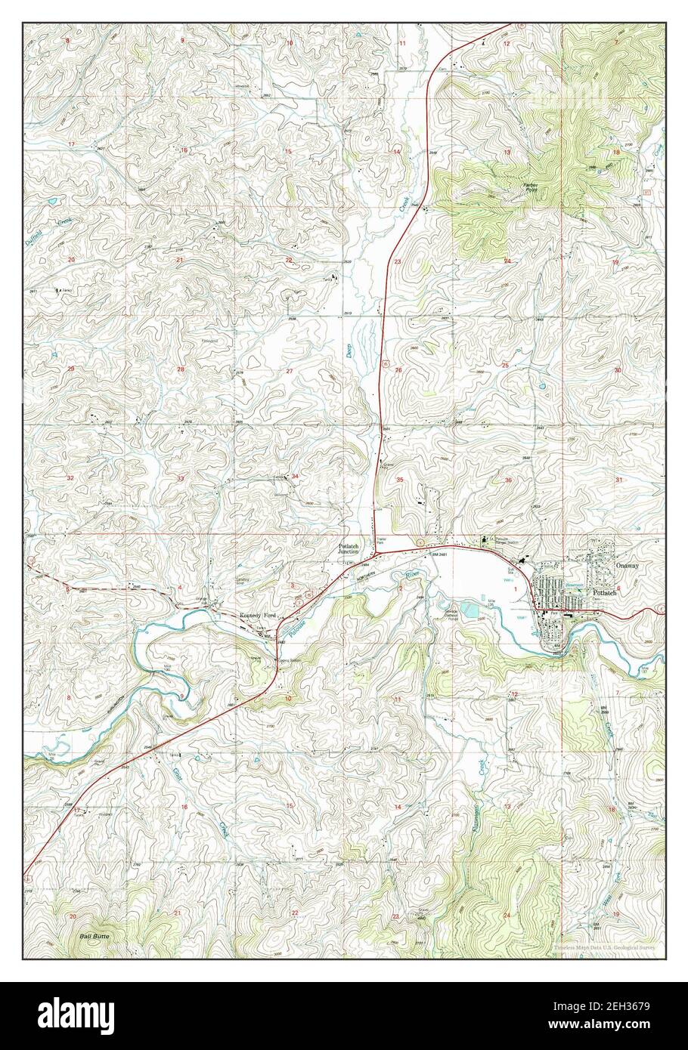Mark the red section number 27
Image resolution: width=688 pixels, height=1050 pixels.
(290, 371)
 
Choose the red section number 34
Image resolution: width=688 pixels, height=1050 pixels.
(295, 476)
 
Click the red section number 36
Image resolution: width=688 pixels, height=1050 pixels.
(508, 480)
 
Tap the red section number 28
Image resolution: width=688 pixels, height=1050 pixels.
(180, 369)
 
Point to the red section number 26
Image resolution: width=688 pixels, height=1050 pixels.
(398, 370)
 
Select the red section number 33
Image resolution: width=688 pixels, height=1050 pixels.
(180, 478)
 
